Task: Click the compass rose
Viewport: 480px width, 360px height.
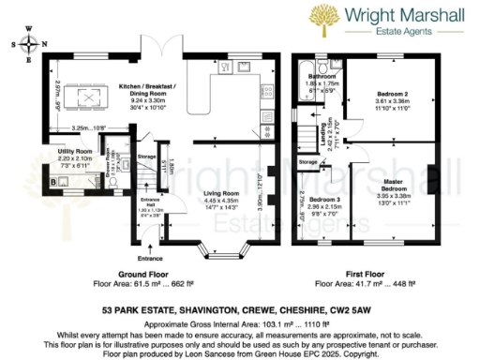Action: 29,45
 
